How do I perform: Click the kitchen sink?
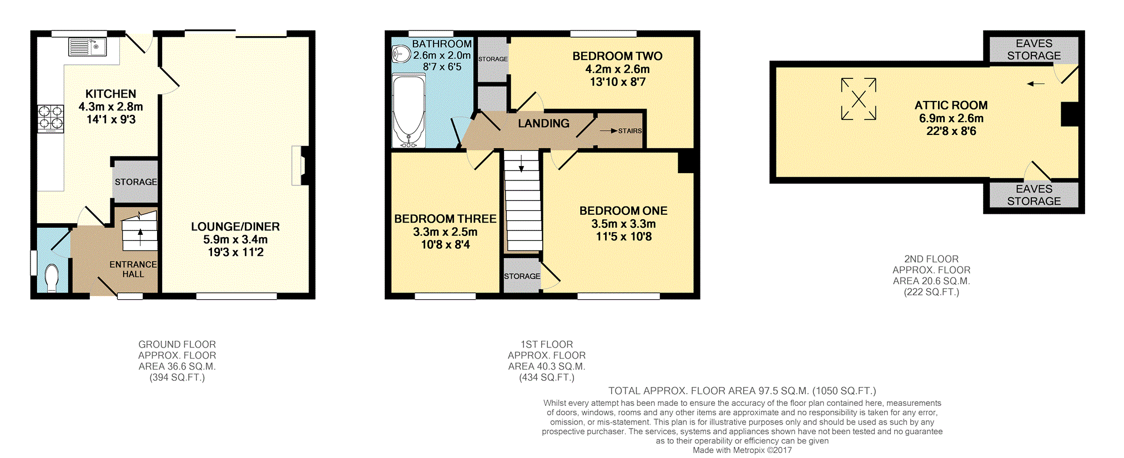click(88, 47)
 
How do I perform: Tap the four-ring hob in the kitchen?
click(51, 119)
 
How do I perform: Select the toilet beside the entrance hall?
click(52, 278)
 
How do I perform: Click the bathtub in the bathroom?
click(409, 111)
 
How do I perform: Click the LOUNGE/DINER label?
click(235, 227)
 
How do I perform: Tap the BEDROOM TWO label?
click(617, 56)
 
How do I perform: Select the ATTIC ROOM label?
click(951, 105)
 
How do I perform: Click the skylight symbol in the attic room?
click(859, 99)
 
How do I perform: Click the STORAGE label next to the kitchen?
click(136, 182)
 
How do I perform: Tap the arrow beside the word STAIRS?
click(608, 131)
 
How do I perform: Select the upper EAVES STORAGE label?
click(1034, 49)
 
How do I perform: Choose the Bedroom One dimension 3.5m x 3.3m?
click(623, 224)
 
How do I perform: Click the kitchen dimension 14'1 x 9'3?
click(111, 119)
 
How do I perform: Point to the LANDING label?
click(543, 123)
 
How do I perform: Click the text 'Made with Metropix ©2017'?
click(742, 450)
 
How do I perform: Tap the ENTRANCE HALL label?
click(133, 269)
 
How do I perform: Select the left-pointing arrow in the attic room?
click(1036, 84)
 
